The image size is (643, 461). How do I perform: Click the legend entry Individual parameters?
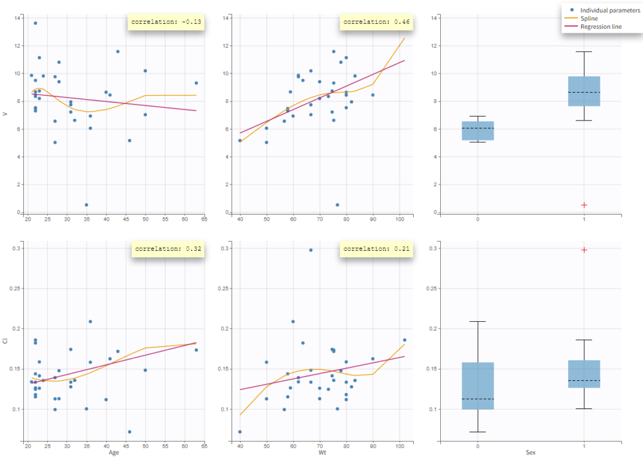coord(606,10)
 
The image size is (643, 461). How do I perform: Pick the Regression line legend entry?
coord(601,26)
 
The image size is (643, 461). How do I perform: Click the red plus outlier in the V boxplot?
coord(584,205)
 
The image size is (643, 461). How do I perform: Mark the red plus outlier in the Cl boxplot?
coord(584,250)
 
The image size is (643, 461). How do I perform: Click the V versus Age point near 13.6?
coord(35,23)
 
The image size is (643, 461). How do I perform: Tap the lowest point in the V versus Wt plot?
coord(337,204)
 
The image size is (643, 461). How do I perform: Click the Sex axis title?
coord(531,452)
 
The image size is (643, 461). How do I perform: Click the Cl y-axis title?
coord(6,340)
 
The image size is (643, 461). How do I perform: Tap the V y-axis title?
coord(6,114)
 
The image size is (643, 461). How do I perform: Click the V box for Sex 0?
coord(478,130)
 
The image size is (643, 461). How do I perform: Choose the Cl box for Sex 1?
coord(584,374)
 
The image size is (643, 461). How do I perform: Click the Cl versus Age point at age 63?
coord(196,350)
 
